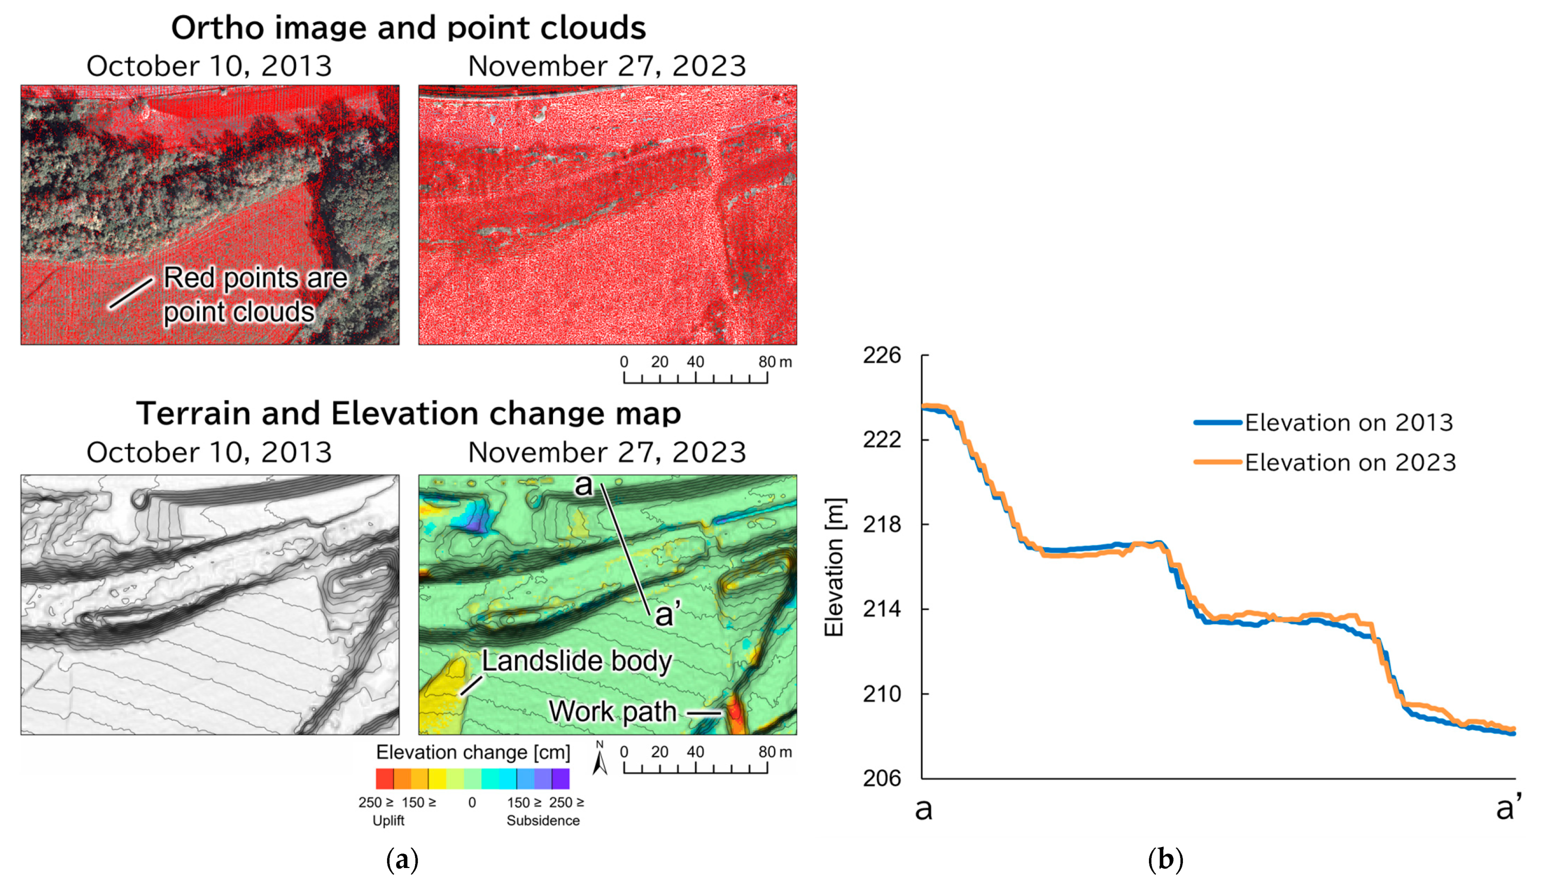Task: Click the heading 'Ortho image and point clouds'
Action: (x=408, y=28)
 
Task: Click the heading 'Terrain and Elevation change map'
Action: (x=408, y=413)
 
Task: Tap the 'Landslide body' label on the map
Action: (x=576, y=661)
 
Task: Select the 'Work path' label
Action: (x=612, y=711)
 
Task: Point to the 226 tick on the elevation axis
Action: (x=881, y=355)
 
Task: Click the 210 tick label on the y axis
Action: (x=881, y=694)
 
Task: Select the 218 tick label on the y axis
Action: (x=881, y=525)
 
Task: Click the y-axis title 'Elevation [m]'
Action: (x=834, y=567)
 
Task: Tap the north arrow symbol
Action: (x=600, y=759)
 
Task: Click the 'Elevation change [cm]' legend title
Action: (x=473, y=752)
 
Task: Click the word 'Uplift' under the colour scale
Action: (x=388, y=821)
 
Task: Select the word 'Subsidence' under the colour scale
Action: (x=543, y=821)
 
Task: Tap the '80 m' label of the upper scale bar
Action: (x=774, y=362)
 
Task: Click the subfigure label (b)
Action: (x=1165, y=860)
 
